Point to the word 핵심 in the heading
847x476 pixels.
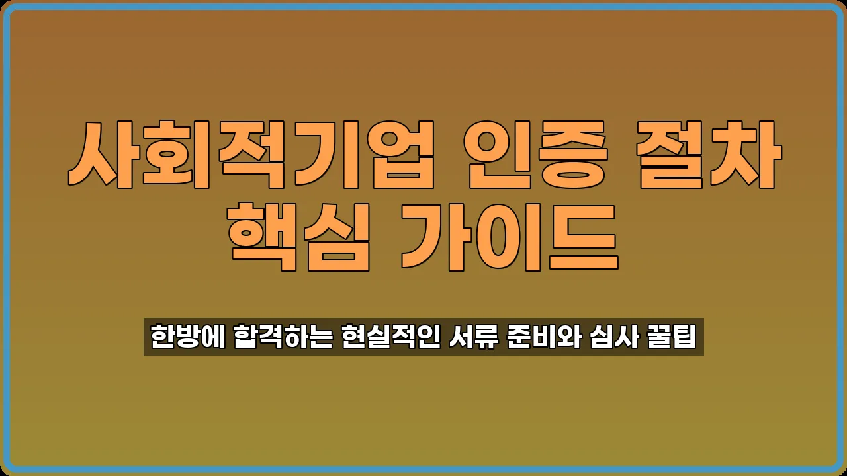[x=298, y=236]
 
